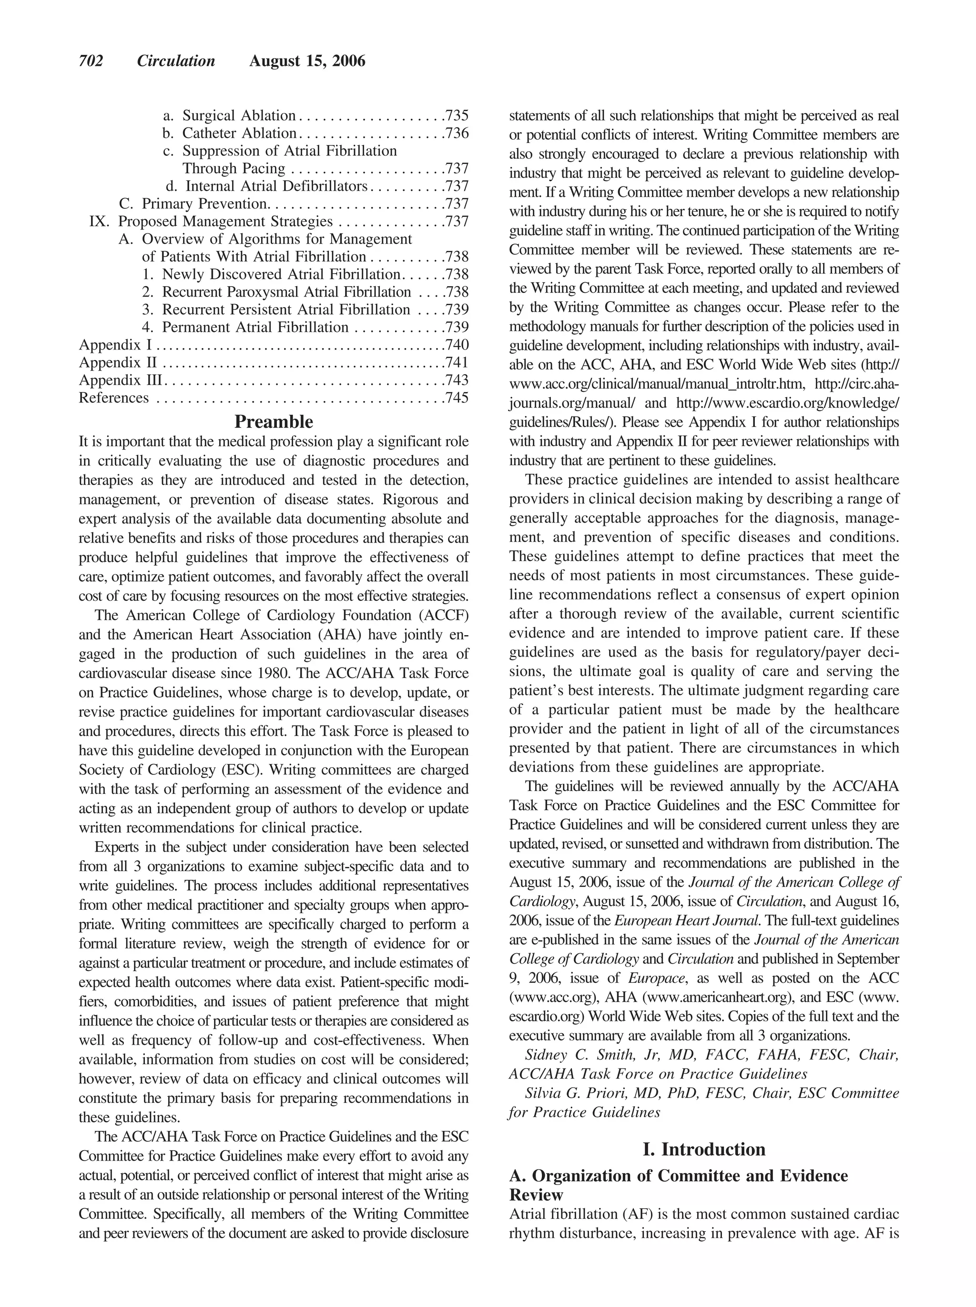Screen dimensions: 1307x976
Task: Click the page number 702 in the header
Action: point(91,62)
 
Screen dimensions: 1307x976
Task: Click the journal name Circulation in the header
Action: point(176,62)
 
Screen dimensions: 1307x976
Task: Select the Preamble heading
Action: point(274,422)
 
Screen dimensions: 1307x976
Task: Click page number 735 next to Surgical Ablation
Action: point(457,116)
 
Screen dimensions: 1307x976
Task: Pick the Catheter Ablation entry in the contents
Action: point(239,134)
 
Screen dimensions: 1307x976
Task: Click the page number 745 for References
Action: point(457,398)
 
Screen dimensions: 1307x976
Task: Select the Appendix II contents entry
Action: point(118,362)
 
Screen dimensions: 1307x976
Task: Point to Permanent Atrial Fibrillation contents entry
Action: point(255,327)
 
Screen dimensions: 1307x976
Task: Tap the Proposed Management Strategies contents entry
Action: point(225,222)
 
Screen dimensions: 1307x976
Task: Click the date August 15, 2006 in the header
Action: point(307,62)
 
